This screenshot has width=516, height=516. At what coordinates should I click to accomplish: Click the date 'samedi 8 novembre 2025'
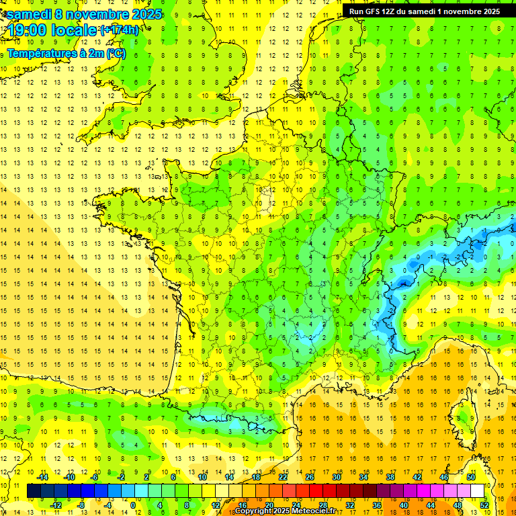(x=84, y=14)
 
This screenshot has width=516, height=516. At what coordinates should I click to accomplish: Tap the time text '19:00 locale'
(x=52, y=30)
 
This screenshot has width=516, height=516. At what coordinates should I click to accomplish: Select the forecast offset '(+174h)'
(x=120, y=30)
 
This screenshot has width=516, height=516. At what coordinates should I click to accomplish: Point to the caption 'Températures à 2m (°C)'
(x=66, y=53)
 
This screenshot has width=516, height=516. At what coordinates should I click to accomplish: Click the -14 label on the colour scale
(x=42, y=477)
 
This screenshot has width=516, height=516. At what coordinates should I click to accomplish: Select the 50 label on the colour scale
(x=470, y=477)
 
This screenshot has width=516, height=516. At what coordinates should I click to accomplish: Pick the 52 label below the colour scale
(x=484, y=505)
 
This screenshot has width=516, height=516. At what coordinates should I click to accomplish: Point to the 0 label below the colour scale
(x=132, y=505)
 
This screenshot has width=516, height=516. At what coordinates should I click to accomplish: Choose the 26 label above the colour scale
(x=310, y=477)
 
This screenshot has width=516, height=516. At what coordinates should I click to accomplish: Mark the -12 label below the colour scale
(x=56, y=505)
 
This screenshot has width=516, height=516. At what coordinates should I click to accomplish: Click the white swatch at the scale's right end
(x=478, y=491)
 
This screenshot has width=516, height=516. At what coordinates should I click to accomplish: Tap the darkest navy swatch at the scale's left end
(x=34, y=491)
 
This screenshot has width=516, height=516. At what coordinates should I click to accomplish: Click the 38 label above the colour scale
(x=390, y=477)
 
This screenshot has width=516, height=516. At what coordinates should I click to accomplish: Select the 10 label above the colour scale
(x=202, y=477)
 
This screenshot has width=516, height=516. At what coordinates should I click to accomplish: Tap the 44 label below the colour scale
(x=430, y=505)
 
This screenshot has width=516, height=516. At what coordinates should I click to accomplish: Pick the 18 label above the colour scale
(x=256, y=477)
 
